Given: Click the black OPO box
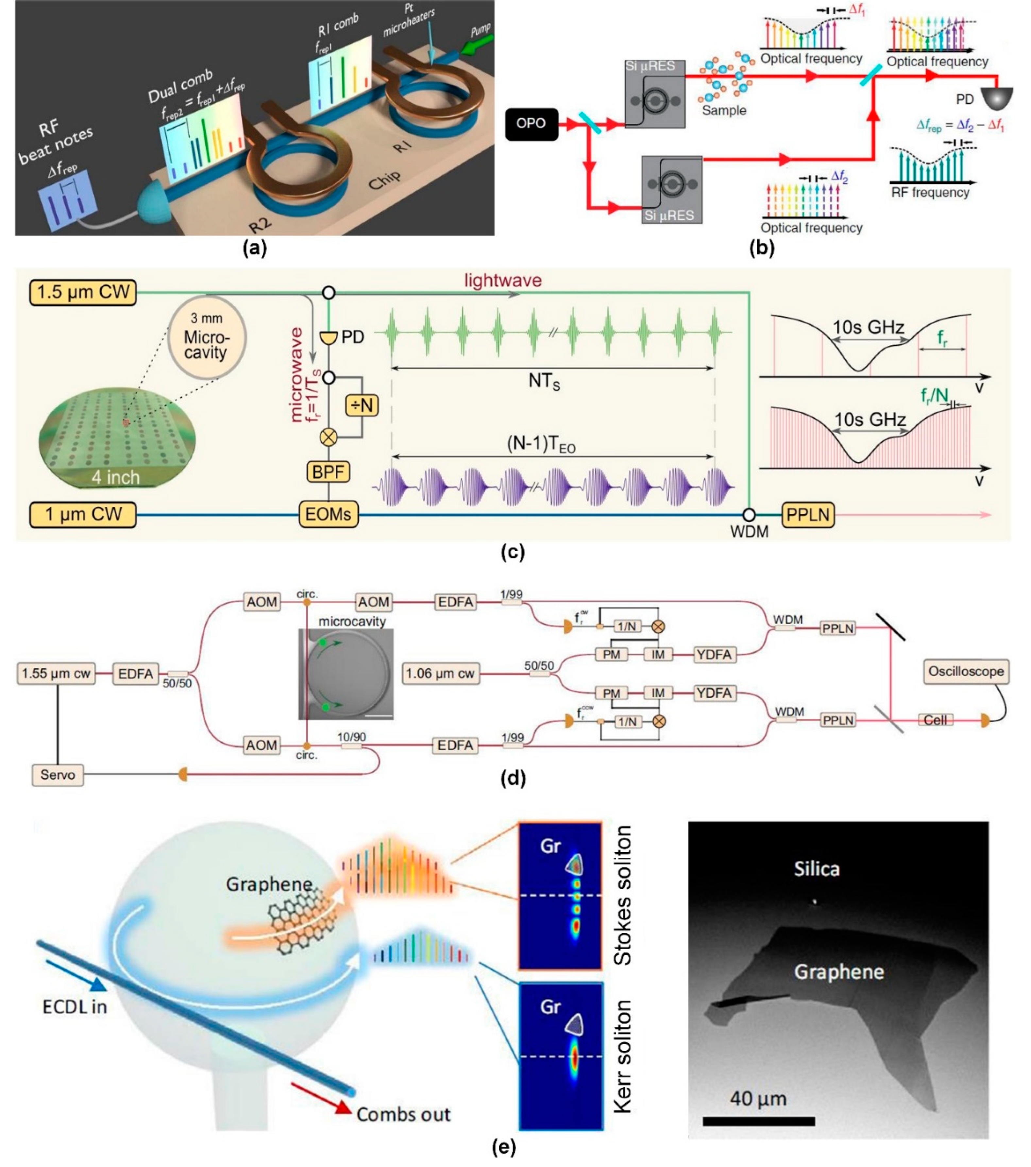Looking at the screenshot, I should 531,123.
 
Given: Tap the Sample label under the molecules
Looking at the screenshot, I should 724,111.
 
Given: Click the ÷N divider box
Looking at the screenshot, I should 362,405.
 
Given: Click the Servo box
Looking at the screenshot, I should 58,775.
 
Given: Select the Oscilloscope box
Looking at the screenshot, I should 965,671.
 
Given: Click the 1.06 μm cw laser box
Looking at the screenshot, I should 440,673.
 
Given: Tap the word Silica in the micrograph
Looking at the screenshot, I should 816,869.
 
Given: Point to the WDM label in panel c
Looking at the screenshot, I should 750,532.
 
